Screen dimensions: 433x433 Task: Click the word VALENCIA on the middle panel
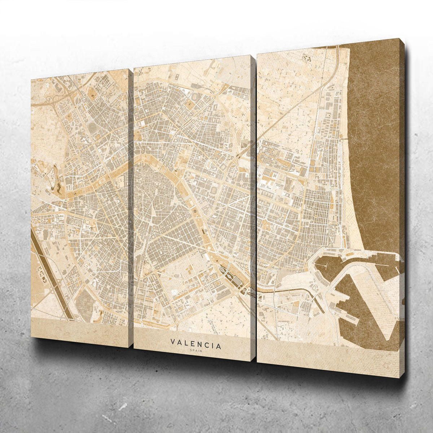coord(196,344)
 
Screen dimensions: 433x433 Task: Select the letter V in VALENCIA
coord(173,341)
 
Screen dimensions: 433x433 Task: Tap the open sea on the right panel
coord(375,144)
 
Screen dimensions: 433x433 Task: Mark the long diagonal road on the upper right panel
coord(289,112)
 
